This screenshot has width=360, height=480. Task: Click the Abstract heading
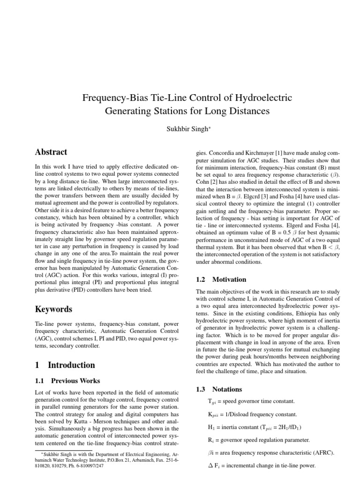tap(51, 152)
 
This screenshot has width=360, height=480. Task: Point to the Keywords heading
tap(54, 309)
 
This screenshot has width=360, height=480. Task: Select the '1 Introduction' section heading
tap(65, 365)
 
